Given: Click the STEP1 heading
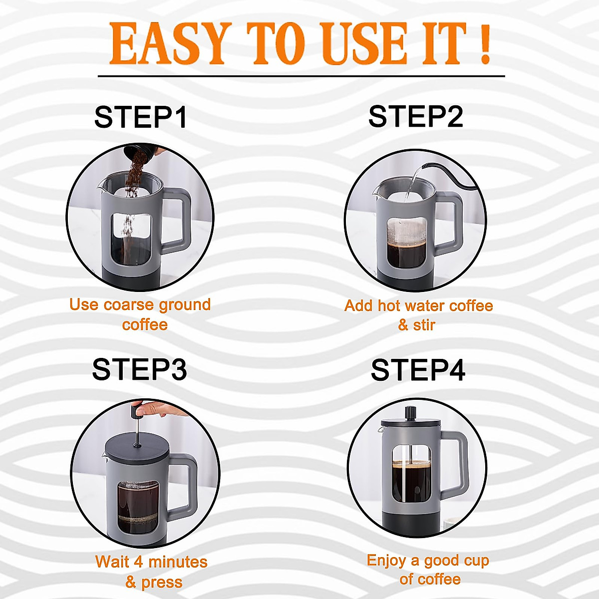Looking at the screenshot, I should [141, 117].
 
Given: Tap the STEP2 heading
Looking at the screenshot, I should [415, 116].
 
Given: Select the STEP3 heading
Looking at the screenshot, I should [139, 369].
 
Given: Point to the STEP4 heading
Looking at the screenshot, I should [418, 370].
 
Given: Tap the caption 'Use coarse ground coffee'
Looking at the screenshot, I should [140, 314].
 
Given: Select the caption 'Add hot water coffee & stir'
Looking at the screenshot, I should [418, 315].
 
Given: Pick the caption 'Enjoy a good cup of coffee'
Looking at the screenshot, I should [428, 569].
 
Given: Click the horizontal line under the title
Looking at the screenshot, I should [301, 76].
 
